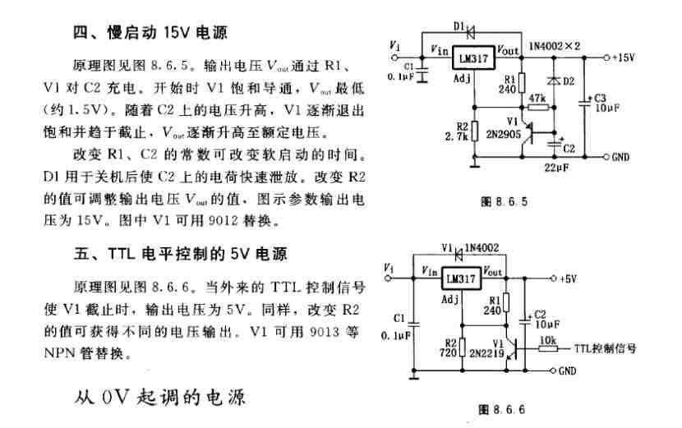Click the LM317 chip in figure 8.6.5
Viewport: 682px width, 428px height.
(x=473, y=58)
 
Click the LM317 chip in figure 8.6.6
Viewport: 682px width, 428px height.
(x=462, y=278)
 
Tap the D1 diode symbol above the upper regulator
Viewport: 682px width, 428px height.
(x=470, y=31)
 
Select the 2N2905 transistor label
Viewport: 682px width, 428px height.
(x=503, y=135)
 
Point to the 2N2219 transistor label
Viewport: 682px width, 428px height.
(x=486, y=353)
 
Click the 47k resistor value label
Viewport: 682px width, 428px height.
(x=537, y=99)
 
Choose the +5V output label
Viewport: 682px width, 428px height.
(x=569, y=278)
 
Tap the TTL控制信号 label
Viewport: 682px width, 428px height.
(x=605, y=348)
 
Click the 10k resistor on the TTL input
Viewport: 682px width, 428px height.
(x=548, y=349)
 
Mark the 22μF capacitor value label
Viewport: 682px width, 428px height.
(x=557, y=168)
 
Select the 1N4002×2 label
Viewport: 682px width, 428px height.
(x=555, y=46)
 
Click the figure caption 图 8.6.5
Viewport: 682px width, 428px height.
(x=505, y=201)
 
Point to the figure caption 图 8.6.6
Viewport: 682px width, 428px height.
(x=501, y=409)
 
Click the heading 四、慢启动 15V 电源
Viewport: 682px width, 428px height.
(x=150, y=33)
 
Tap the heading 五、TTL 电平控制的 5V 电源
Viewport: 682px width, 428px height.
(x=180, y=254)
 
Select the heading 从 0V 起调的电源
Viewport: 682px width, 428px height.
(x=160, y=397)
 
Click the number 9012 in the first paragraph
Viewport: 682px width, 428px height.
(x=223, y=220)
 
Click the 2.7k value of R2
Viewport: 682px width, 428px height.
(x=456, y=137)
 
